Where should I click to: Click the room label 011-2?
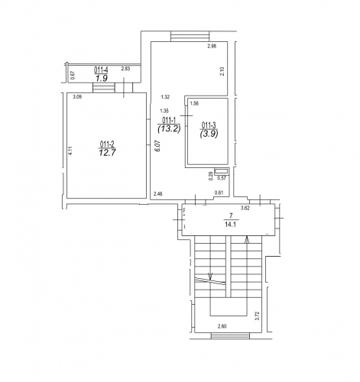pos(107,144)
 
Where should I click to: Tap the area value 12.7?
pos(108,153)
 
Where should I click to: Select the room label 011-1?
pos(169,120)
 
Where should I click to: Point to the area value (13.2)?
pos(169,128)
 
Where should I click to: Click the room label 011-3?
pos(209,125)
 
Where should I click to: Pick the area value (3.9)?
pos(209,134)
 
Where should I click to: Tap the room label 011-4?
pos(101,70)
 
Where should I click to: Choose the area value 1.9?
pos(102,78)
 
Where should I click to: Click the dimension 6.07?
pos(158,147)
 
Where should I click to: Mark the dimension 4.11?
pos(71,150)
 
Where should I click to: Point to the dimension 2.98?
pos(212,46)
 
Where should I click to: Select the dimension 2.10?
pos(222,71)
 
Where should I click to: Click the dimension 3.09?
pos(77,97)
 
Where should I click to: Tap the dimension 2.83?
pos(125,69)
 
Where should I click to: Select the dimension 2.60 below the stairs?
pos(222,326)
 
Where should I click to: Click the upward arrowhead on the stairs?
pos(247,240)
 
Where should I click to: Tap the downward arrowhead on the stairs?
pos(210,277)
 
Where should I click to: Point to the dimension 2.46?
pos(158,194)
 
